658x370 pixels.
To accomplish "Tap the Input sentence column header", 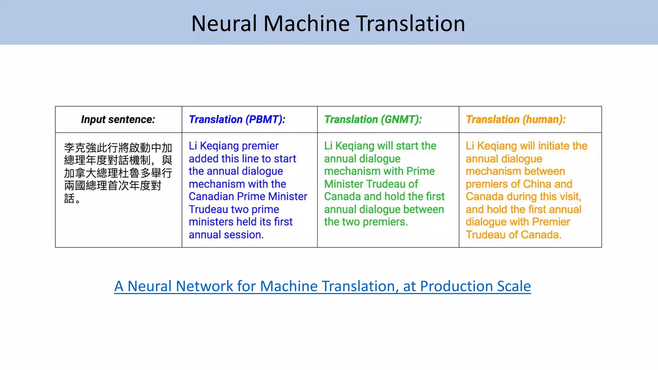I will (x=118, y=119).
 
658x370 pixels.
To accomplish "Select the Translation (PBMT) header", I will (x=237, y=119).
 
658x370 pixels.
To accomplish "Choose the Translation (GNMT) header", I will (x=373, y=119).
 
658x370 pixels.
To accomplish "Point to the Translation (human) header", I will (x=515, y=119).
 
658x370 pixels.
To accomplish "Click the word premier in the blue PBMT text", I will (x=260, y=146).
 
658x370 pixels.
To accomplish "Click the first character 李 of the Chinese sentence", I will (x=69, y=148).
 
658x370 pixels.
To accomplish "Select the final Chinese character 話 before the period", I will (x=69, y=198).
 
